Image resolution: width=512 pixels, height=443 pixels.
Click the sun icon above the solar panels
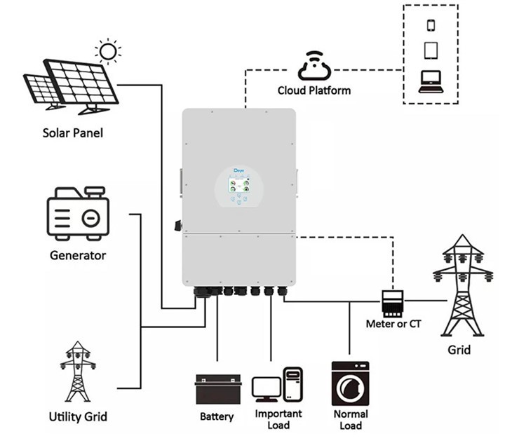(x=108, y=52)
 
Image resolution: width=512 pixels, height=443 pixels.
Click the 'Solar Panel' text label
(x=73, y=132)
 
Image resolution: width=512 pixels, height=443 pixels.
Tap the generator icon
(x=77, y=213)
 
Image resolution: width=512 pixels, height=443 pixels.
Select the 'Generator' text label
(x=78, y=255)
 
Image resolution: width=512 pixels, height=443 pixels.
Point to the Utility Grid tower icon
(x=78, y=372)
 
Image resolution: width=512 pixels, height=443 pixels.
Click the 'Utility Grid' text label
(x=78, y=416)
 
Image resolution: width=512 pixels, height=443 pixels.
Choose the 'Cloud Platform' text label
(x=314, y=90)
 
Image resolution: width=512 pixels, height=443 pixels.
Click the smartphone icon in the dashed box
(x=431, y=25)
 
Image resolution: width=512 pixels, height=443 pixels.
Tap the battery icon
(x=217, y=389)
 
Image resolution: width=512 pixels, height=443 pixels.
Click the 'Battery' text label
(x=217, y=416)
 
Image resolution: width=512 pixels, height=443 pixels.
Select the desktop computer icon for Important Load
(x=278, y=386)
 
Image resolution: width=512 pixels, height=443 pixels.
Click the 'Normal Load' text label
(x=350, y=419)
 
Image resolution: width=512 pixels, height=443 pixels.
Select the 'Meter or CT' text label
(x=393, y=324)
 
